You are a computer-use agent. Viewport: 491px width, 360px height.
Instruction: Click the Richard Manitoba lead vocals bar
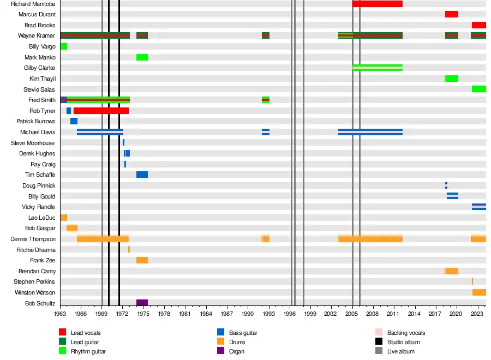(x=377, y=4)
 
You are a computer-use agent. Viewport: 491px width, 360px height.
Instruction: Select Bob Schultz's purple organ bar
(x=142, y=303)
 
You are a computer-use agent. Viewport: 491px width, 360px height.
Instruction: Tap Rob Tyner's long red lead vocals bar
(x=101, y=111)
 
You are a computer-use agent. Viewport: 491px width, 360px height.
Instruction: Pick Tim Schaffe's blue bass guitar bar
(x=142, y=175)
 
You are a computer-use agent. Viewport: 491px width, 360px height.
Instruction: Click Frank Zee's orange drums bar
(x=142, y=260)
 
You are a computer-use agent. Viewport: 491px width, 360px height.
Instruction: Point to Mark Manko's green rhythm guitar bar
(x=142, y=57)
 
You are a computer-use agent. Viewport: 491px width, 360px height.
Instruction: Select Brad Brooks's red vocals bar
(x=478, y=25)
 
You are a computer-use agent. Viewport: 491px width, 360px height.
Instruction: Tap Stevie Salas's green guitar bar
(x=478, y=89)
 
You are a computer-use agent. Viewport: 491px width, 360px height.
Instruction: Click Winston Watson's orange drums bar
(x=479, y=292)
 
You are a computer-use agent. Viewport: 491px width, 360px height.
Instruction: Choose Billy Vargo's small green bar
(x=64, y=46)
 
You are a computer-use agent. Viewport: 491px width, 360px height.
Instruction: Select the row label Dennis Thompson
(x=33, y=239)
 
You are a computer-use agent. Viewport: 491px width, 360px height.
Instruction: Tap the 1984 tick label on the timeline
(x=206, y=314)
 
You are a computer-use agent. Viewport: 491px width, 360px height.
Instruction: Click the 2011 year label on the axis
(x=394, y=314)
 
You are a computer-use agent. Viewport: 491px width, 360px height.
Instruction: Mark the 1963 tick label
(x=60, y=314)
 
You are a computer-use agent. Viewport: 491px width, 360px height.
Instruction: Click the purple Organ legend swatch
(x=220, y=351)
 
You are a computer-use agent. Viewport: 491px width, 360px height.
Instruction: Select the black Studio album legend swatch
(x=379, y=341)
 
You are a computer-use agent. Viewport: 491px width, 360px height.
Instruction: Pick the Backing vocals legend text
(x=406, y=333)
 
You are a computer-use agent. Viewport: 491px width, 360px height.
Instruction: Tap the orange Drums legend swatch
(x=220, y=341)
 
